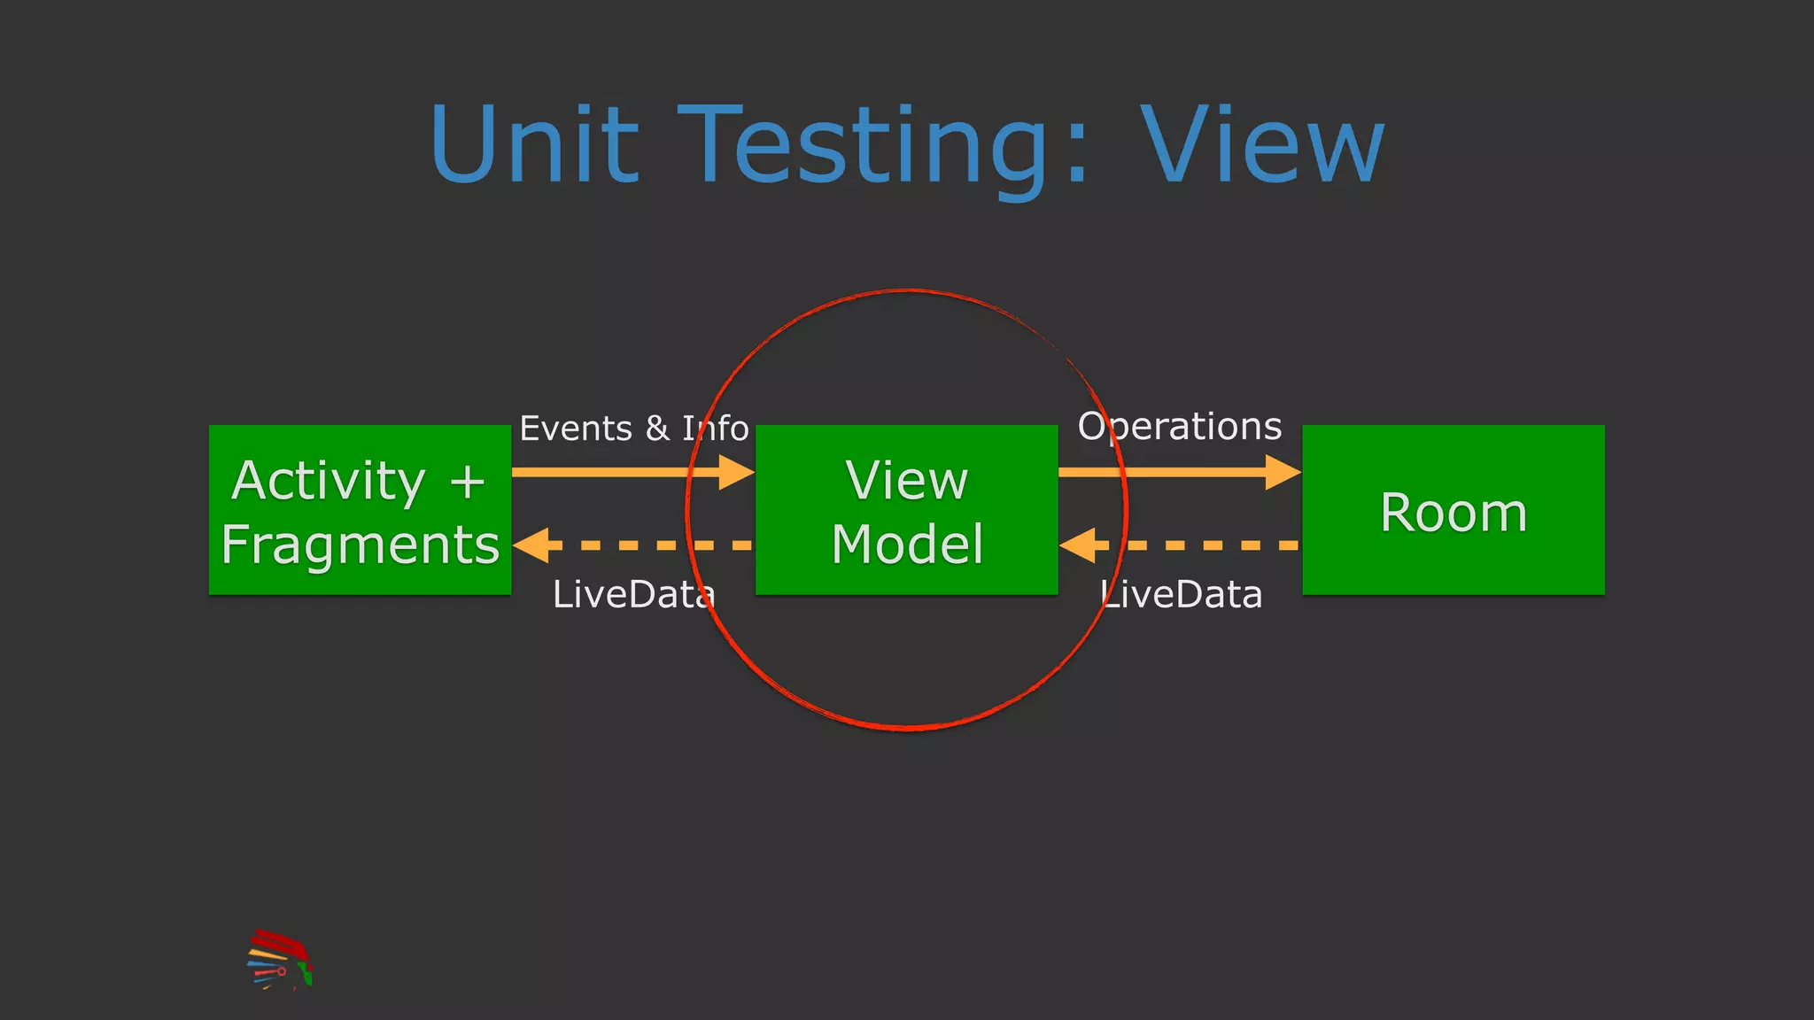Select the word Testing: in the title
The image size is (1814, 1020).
[886, 146]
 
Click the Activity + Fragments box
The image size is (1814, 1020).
[360, 510]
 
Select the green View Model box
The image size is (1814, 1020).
[906, 510]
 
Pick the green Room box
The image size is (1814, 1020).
[1453, 510]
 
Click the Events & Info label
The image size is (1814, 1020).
[633, 429]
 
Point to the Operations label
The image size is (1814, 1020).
[1179, 427]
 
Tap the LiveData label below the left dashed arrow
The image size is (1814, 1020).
[633, 594]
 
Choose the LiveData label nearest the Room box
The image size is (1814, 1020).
[1181, 594]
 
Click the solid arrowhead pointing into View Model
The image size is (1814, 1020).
[736, 472]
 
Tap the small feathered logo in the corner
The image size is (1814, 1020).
[279, 960]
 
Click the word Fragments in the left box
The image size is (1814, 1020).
[360, 544]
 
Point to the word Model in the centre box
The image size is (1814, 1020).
[907, 544]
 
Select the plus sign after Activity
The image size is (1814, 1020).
[467, 482]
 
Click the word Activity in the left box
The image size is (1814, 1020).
[328, 481]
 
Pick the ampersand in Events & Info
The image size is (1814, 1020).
[657, 429]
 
